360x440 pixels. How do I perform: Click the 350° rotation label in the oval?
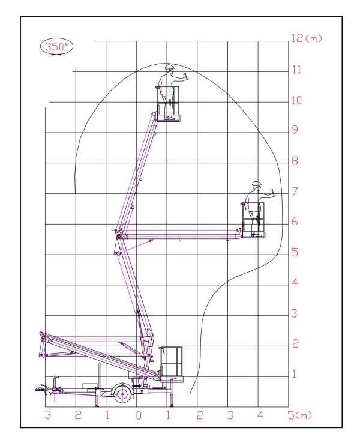click(x=56, y=46)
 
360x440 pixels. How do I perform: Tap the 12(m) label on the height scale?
click(x=307, y=38)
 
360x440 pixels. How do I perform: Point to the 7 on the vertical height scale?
click(x=295, y=191)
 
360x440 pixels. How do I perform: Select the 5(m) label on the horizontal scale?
click(x=299, y=415)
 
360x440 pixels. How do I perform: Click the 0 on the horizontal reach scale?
click(x=139, y=415)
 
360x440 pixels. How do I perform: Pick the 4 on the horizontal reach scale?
click(x=260, y=415)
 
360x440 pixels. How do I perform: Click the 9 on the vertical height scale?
click(x=295, y=130)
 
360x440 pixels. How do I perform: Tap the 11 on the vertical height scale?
click(x=296, y=69)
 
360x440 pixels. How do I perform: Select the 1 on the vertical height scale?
click(x=294, y=374)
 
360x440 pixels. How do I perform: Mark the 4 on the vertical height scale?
click(x=295, y=282)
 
